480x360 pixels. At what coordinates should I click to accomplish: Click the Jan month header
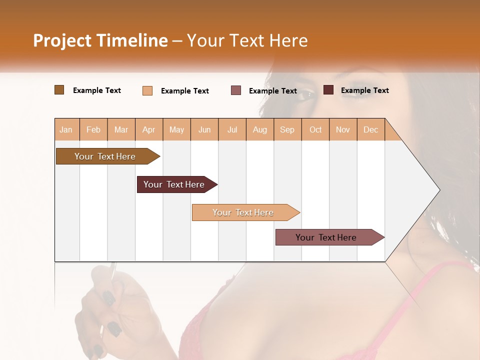pos(66,129)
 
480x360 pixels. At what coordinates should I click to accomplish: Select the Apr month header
pos(149,129)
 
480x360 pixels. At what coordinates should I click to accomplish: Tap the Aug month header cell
pos(260,129)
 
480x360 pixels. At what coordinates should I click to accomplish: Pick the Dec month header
pos(371,129)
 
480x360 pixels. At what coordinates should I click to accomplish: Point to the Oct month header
pos(315,129)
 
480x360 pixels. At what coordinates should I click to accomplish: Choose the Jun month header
pos(204,129)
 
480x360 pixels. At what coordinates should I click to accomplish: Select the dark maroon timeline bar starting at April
pos(175,184)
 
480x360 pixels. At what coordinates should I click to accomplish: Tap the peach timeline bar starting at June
pos(244,212)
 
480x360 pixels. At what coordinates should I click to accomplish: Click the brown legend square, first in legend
pos(59,90)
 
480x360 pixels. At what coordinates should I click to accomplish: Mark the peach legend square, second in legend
pos(147,90)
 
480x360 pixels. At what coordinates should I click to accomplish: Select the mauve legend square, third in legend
pos(236,90)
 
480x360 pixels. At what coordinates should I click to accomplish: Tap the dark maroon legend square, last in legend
pos(328,90)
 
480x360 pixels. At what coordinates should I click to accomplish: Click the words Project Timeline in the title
pos(100,40)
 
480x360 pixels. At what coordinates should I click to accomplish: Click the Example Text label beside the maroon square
pos(364,90)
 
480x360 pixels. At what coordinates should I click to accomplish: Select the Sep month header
pos(287,129)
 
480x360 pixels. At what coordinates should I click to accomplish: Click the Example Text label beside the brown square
pos(97,90)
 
